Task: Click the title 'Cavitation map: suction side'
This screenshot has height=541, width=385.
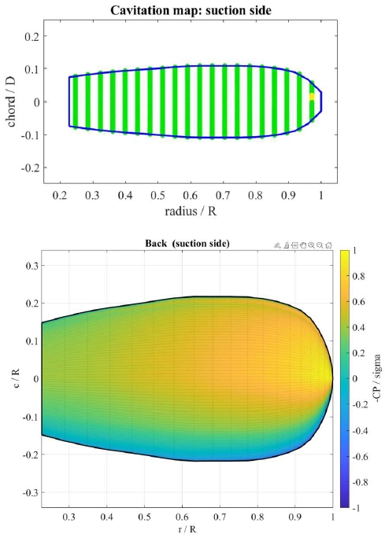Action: coord(191,10)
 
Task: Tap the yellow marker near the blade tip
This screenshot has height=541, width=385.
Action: coord(312,97)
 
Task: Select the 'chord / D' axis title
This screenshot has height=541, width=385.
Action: coord(11,101)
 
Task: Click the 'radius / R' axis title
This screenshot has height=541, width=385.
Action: coord(191,211)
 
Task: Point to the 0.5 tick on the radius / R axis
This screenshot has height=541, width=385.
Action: coord(157,196)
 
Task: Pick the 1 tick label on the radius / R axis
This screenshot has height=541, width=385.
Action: coord(321,196)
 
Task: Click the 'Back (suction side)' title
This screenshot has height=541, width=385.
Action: coord(187,244)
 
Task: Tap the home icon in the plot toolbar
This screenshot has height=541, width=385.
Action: coord(328,245)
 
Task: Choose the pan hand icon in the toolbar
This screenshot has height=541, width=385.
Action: coord(303,245)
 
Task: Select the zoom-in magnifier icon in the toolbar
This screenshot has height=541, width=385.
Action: coord(312,245)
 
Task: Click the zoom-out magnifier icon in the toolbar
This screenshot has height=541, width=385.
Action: coord(320,245)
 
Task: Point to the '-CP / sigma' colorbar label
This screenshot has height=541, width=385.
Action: coord(377,378)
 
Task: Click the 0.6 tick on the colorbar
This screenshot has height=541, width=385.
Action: coord(358,302)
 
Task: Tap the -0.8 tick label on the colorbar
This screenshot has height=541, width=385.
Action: coord(359,482)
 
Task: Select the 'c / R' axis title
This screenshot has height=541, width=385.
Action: coord(16,378)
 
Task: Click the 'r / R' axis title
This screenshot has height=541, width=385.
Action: coord(187,529)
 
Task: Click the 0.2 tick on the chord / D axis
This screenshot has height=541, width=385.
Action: coord(31,36)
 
